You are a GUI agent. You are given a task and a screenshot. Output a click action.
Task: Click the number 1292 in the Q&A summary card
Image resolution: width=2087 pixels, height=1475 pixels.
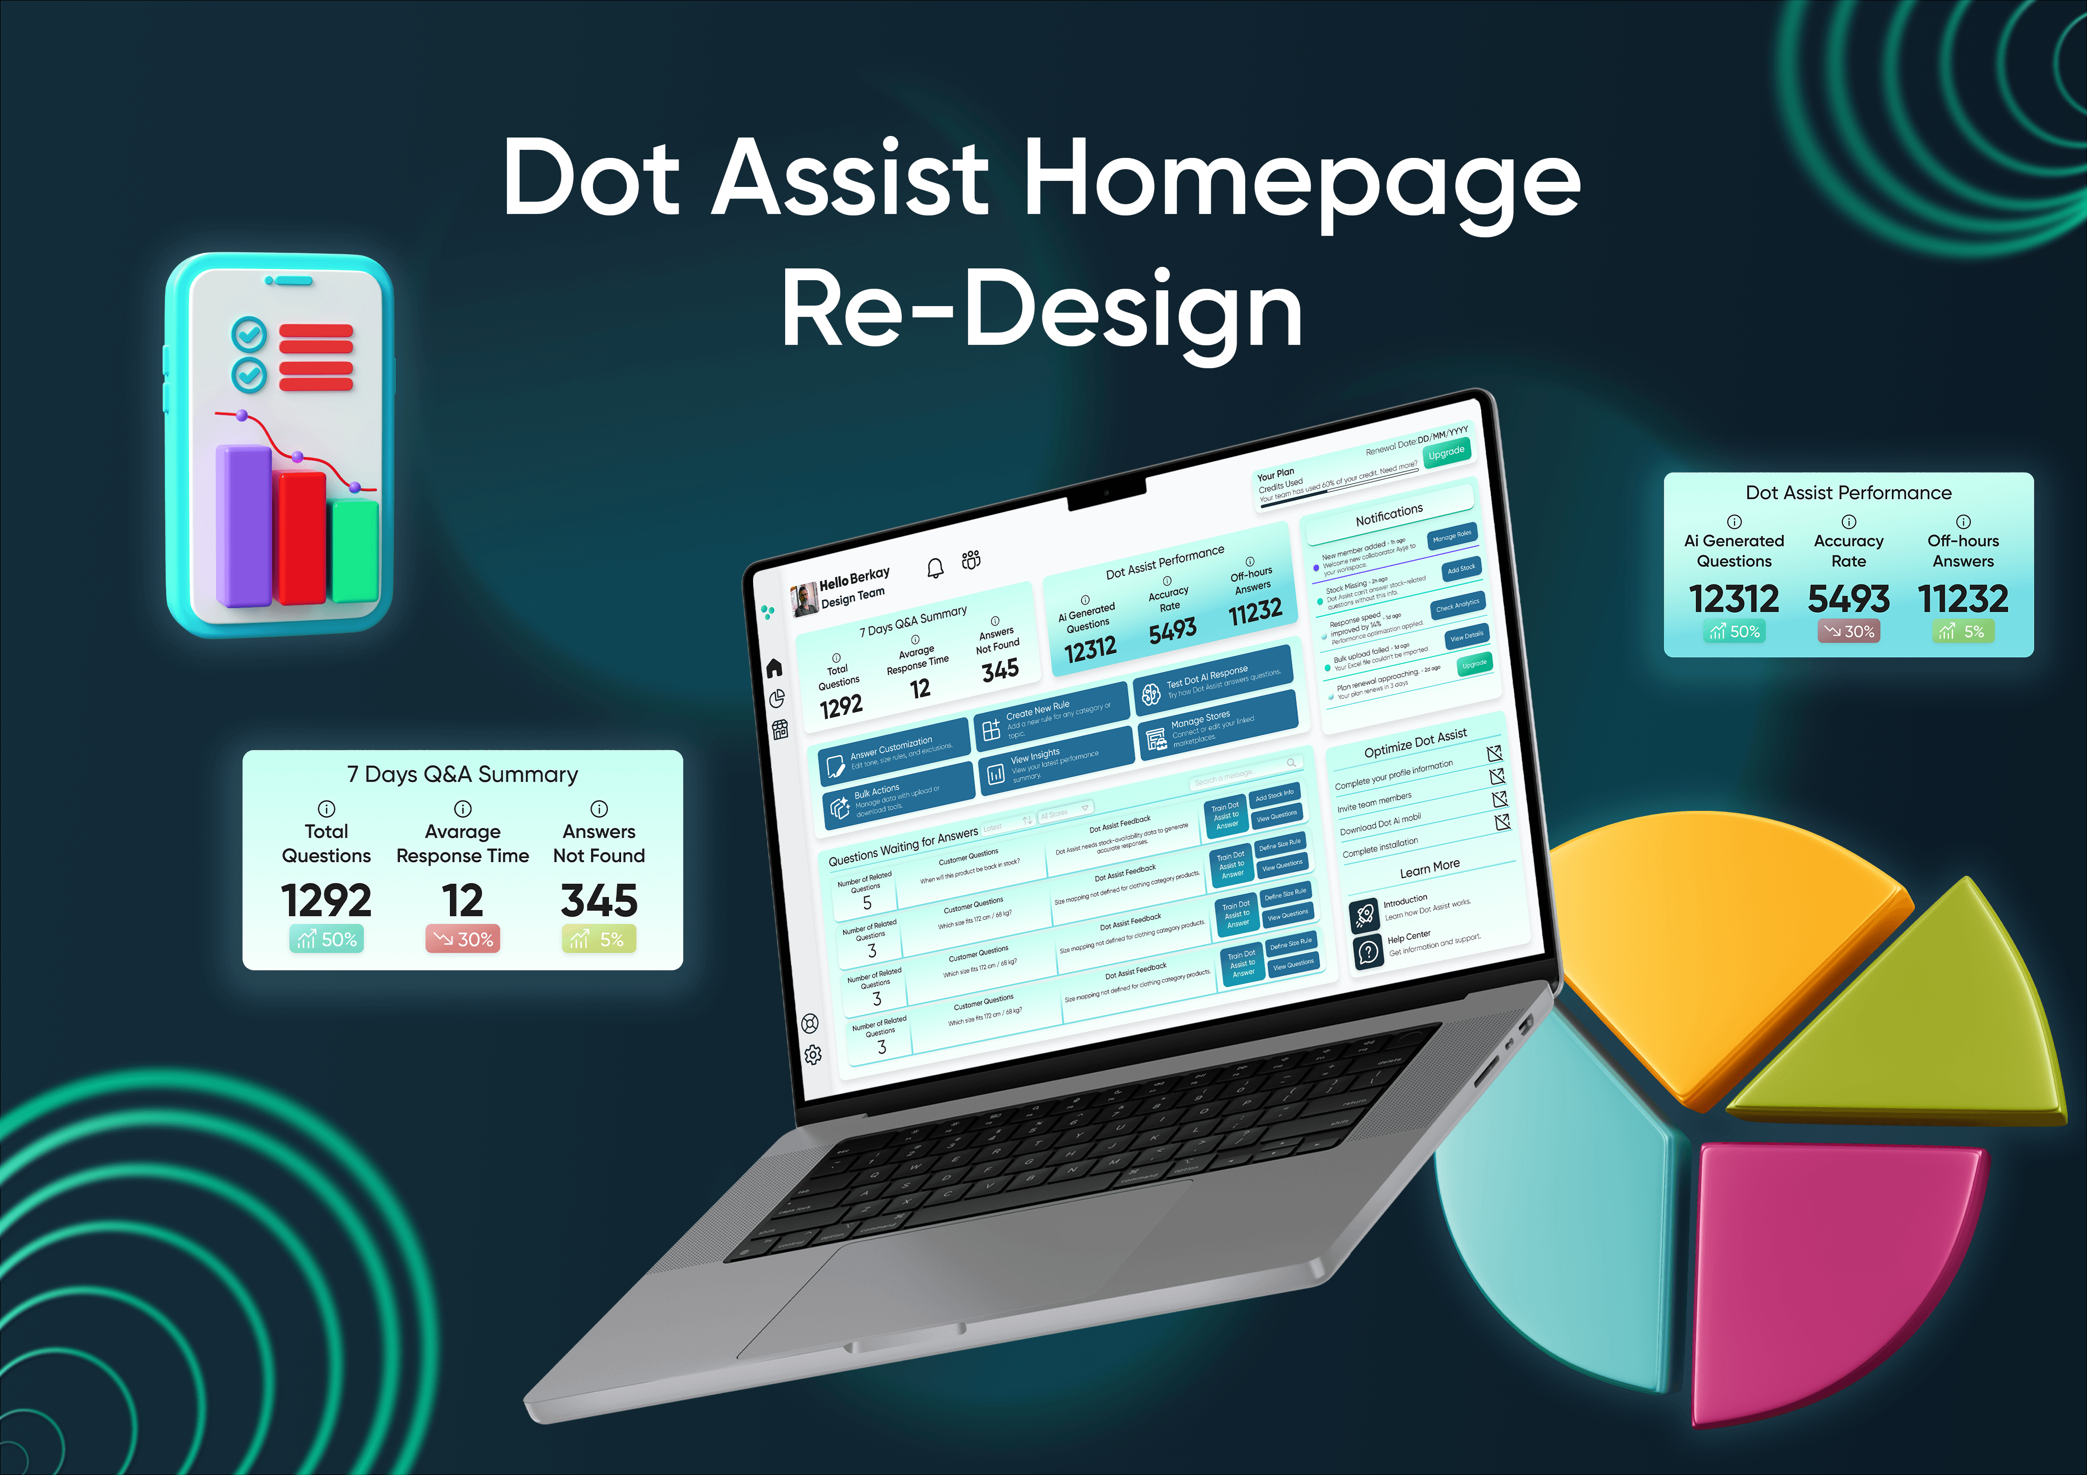pyautogui.click(x=326, y=900)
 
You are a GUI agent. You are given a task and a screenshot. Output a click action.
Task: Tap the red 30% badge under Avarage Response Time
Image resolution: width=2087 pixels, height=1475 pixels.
pyautogui.click(x=463, y=939)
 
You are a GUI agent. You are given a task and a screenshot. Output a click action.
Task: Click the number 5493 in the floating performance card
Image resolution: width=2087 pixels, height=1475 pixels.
pyautogui.click(x=1848, y=599)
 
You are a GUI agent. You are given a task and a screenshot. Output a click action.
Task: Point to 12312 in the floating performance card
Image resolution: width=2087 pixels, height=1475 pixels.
pyautogui.click(x=1733, y=599)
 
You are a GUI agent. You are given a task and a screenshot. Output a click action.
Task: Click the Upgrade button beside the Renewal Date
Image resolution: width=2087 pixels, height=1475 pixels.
pyautogui.click(x=1446, y=452)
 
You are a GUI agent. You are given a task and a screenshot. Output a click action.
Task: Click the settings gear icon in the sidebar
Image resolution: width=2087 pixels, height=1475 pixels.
pyautogui.click(x=813, y=1054)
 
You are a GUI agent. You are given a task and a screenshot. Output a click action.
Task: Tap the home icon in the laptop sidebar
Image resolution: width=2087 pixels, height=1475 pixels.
pyautogui.click(x=774, y=668)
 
